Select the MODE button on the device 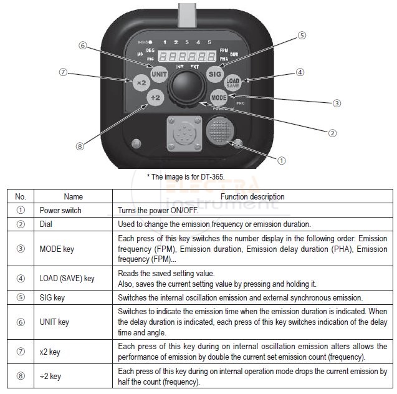coord(219,98)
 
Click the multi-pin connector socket coord(181,134)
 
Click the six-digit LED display coord(186,55)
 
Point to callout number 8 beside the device coord(79,147)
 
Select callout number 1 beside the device coord(281,160)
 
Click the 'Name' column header coord(73,197)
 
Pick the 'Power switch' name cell coord(60,211)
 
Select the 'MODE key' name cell coord(57,249)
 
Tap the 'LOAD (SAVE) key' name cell coord(67,279)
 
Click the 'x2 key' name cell coord(50,352)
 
